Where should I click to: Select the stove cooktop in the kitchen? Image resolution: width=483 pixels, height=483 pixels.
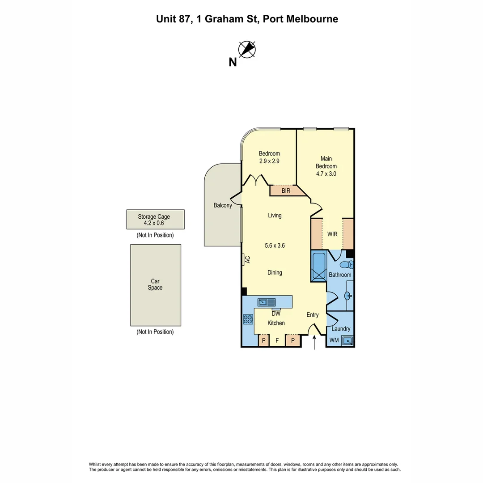pyautogui.click(x=248, y=319)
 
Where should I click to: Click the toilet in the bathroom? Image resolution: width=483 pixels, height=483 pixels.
pyautogui.click(x=345, y=265)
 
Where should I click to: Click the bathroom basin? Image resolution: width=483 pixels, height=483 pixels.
pyautogui.click(x=348, y=296)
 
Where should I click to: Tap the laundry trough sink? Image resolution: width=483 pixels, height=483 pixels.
pyautogui.click(x=347, y=341)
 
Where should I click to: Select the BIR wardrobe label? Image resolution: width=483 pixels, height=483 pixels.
pyautogui.click(x=286, y=191)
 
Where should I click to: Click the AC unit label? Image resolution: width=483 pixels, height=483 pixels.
pyautogui.click(x=246, y=259)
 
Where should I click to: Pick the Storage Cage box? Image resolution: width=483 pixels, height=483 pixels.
pyautogui.click(x=155, y=220)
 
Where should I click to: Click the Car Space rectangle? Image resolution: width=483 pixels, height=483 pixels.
pyautogui.click(x=156, y=285)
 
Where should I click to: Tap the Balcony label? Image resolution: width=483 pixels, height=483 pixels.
pyautogui.click(x=223, y=205)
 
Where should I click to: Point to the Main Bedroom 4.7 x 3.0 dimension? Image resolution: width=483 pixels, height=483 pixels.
pyautogui.click(x=326, y=174)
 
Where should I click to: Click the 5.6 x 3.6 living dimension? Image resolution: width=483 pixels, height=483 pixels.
pyautogui.click(x=275, y=246)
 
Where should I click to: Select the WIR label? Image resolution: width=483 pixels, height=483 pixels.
pyautogui.click(x=332, y=234)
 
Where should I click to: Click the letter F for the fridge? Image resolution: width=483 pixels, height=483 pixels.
pyautogui.click(x=277, y=341)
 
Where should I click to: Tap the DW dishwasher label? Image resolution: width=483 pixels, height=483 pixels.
pyautogui.click(x=276, y=314)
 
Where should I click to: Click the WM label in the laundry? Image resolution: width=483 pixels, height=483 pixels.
pyautogui.click(x=334, y=340)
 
